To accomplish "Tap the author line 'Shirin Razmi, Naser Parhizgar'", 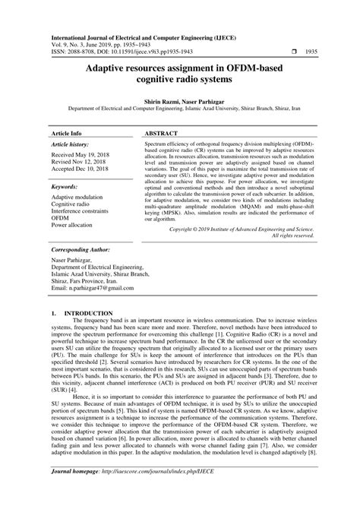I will click(180, 100).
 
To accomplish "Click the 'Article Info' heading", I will click(66, 132).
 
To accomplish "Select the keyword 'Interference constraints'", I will click(84, 213).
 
